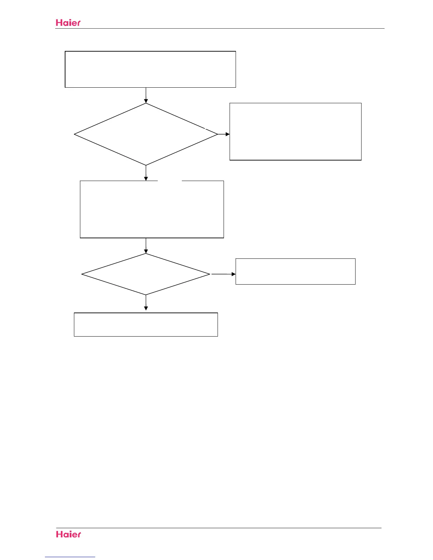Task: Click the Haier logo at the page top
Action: click(68, 23)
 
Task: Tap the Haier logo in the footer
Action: click(69, 534)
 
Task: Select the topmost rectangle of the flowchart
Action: click(150, 69)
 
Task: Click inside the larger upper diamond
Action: click(146, 134)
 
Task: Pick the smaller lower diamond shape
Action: click(146, 274)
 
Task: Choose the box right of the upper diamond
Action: click(295, 132)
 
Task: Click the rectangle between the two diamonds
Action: click(152, 209)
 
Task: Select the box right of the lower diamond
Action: click(295, 272)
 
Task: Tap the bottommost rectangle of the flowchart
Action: click(146, 324)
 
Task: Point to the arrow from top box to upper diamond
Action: click(146, 95)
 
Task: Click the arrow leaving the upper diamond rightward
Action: click(224, 134)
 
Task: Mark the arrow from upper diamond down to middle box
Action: click(146, 173)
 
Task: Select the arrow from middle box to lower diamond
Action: click(146, 246)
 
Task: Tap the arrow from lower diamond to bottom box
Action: click(146, 303)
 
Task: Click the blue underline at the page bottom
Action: click(70, 557)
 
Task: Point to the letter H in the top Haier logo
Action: click(59, 23)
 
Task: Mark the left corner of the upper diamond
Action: click(75, 134)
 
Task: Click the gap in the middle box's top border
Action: click(170, 181)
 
